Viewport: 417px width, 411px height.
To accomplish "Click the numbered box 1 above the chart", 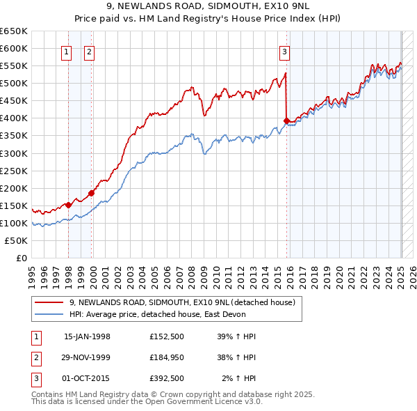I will click(x=66, y=51).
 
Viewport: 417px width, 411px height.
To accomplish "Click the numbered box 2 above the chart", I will click(x=90, y=51).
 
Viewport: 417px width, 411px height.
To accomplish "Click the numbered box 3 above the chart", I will click(x=285, y=51).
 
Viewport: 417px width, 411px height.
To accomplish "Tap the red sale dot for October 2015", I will click(x=287, y=121).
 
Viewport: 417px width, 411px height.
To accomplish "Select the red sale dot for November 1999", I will click(x=92, y=193).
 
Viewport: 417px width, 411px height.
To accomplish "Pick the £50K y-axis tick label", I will click(x=16, y=240).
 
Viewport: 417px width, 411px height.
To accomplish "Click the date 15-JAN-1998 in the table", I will click(x=87, y=336).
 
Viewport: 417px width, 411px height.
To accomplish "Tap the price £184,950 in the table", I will click(x=166, y=357).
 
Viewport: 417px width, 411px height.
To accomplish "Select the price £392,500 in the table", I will click(x=166, y=378).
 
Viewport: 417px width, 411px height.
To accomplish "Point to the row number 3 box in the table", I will click(x=35, y=378).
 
